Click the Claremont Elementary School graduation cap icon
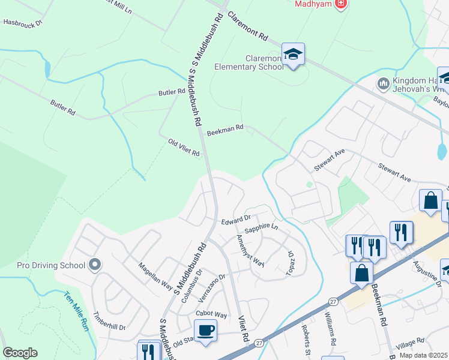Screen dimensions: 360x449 [293, 55]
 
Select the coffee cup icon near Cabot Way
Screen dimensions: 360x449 [205, 330]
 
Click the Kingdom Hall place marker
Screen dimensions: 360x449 [382, 83]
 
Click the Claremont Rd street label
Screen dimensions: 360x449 [247, 27]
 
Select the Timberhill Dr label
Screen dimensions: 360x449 [109, 322]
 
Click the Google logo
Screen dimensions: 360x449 [20, 352]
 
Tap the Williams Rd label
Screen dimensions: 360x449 [330, 328]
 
